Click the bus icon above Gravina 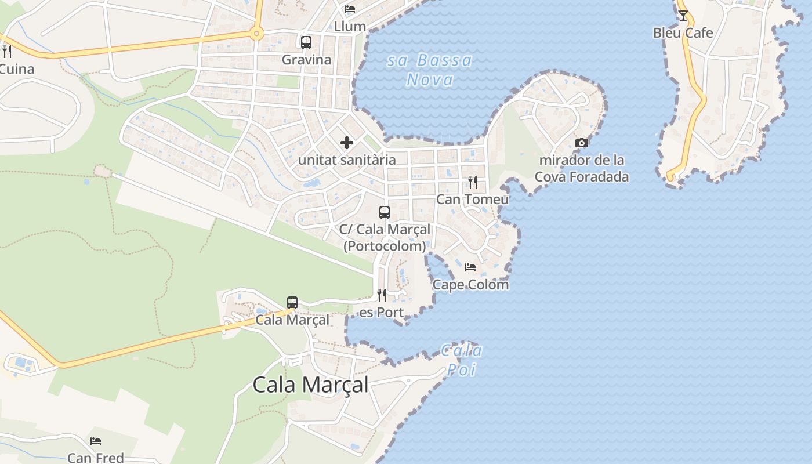click(x=306, y=42)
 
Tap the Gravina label click(x=306, y=60)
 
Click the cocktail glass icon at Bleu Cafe click(x=683, y=16)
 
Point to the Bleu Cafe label click(x=683, y=33)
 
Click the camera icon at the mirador click(x=581, y=143)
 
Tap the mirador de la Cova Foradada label click(x=581, y=168)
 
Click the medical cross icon click(x=347, y=143)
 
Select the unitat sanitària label click(x=347, y=160)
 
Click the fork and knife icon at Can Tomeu click(x=473, y=182)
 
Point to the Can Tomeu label click(x=472, y=200)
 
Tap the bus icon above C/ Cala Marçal click(x=384, y=212)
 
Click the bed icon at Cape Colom click(x=470, y=267)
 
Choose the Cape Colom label click(x=470, y=285)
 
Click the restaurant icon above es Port click(x=381, y=295)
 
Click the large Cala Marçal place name click(x=310, y=385)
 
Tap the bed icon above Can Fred click(x=96, y=441)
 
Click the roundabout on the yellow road click(x=256, y=34)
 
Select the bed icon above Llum click(x=350, y=9)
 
